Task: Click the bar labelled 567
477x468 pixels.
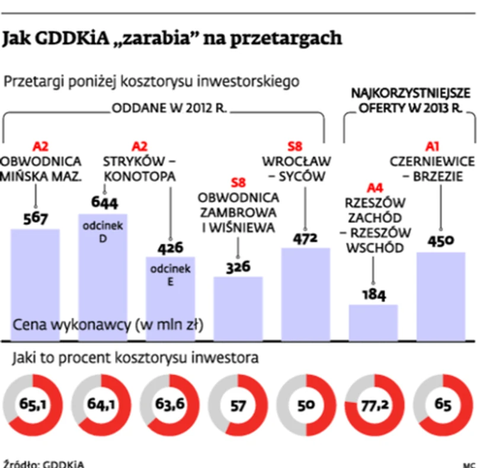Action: [35, 284]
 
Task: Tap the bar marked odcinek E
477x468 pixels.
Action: [170, 299]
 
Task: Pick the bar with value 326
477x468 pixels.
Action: [238, 308]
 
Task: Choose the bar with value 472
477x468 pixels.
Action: [305, 294]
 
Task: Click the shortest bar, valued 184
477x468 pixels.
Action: [373, 322]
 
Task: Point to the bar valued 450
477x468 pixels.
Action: [440, 296]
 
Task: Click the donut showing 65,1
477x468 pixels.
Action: [32, 406]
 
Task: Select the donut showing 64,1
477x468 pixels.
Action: [101, 406]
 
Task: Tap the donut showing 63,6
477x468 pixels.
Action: [169, 406]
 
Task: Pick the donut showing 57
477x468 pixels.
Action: [238, 406]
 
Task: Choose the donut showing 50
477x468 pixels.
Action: [306, 406]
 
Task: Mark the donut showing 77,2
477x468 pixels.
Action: [374, 406]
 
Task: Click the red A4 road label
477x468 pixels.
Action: [374, 188]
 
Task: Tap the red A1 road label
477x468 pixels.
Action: [433, 145]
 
